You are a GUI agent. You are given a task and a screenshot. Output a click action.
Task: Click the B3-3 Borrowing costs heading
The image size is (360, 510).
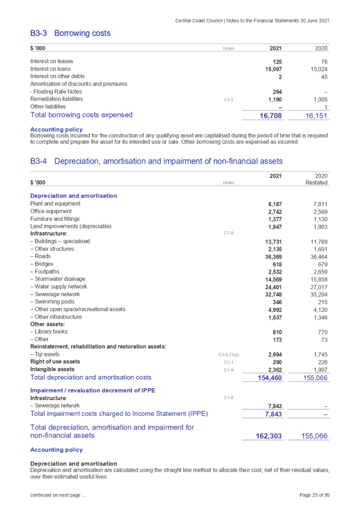coord(70,33)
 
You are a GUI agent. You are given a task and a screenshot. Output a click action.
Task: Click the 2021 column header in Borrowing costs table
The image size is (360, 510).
coord(276,48)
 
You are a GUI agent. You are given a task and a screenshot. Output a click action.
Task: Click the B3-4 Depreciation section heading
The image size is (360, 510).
coord(157,162)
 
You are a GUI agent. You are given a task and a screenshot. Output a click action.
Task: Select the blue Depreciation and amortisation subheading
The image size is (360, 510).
coord(74,196)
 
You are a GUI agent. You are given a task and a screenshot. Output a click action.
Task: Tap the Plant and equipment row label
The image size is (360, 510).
coord(55,204)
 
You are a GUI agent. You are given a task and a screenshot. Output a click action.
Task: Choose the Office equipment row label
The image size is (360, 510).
coord(55,211)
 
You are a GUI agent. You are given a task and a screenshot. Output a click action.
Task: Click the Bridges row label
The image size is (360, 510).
coord(43,264)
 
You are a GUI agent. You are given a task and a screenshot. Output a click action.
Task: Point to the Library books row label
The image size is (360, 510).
coord(50,332)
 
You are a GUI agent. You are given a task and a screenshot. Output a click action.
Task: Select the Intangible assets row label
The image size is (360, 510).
coord(52,369)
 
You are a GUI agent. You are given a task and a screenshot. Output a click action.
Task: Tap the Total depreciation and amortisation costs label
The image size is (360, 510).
coord(91,378)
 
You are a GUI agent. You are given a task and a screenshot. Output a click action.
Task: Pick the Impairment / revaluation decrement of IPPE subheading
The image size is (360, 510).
coord(86,390)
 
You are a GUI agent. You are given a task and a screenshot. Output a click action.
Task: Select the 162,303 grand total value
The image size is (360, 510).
coord(269,436)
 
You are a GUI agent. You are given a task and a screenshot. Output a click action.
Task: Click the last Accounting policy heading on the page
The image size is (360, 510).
coord(57,450)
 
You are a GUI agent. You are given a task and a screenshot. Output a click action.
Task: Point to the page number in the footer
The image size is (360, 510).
coord(315,494)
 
